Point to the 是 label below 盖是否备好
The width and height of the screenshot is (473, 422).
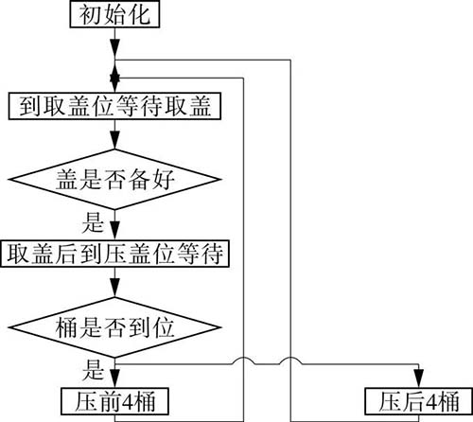coord(93,222)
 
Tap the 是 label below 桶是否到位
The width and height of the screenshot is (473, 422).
coord(93,370)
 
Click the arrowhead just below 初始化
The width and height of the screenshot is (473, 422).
coord(114,48)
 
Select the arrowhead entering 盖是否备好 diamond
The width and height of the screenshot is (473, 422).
coord(114,139)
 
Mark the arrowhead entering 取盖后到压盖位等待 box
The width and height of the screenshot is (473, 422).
coord(114,231)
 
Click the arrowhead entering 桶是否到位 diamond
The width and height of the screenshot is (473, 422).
coord(114,288)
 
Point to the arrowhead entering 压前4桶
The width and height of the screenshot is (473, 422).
coord(114,378)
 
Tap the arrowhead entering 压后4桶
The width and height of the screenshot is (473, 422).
coord(419,378)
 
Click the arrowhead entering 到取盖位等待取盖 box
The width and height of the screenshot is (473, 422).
coord(114,83)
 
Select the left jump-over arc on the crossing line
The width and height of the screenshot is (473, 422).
coord(244,360)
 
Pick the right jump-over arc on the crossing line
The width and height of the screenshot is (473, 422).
coord(290,360)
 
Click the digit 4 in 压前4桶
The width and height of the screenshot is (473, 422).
coord(128,402)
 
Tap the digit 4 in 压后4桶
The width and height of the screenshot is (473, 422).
coord(432,402)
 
